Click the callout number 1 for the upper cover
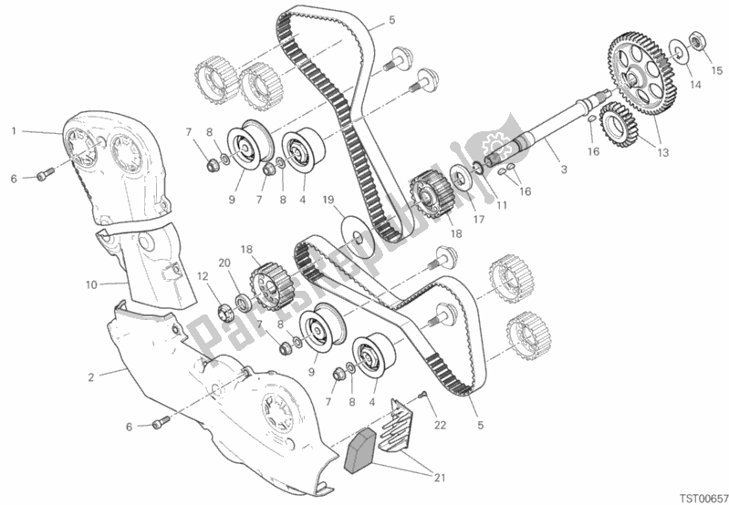[x=15, y=130]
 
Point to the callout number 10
[x=91, y=284]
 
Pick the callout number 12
[x=203, y=276]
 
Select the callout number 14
[x=695, y=85]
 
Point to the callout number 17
[x=478, y=218]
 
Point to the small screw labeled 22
[x=423, y=394]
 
